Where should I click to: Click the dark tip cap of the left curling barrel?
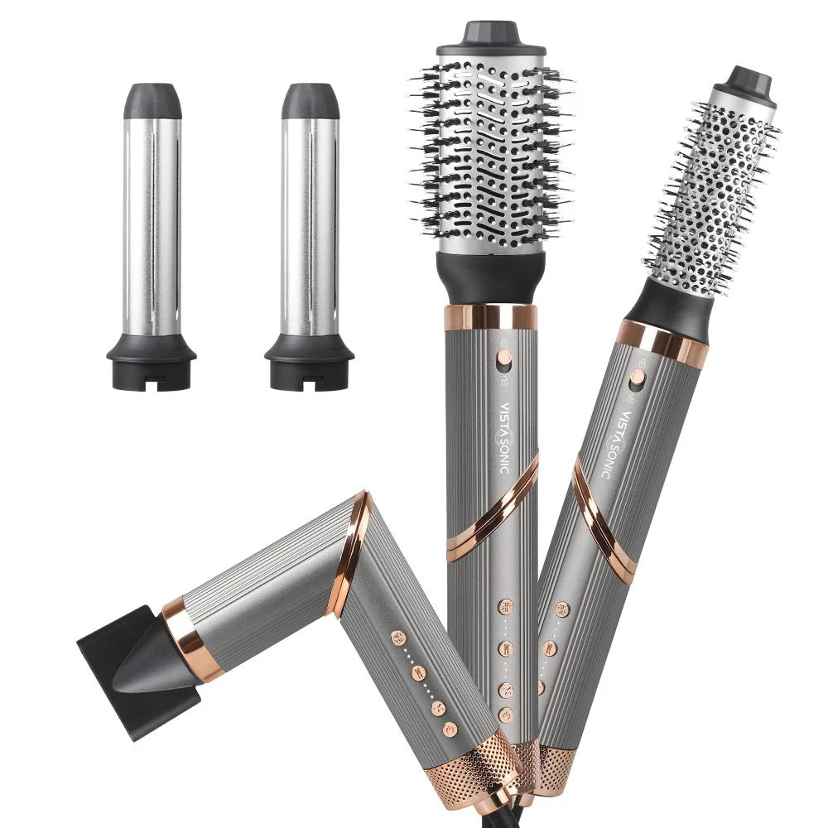coord(152,101)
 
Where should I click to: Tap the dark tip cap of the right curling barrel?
coord(310,101)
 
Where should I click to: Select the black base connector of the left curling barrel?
coord(152,363)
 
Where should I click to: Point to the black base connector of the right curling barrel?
coord(310,363)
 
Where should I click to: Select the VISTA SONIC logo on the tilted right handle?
coord(617,444)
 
